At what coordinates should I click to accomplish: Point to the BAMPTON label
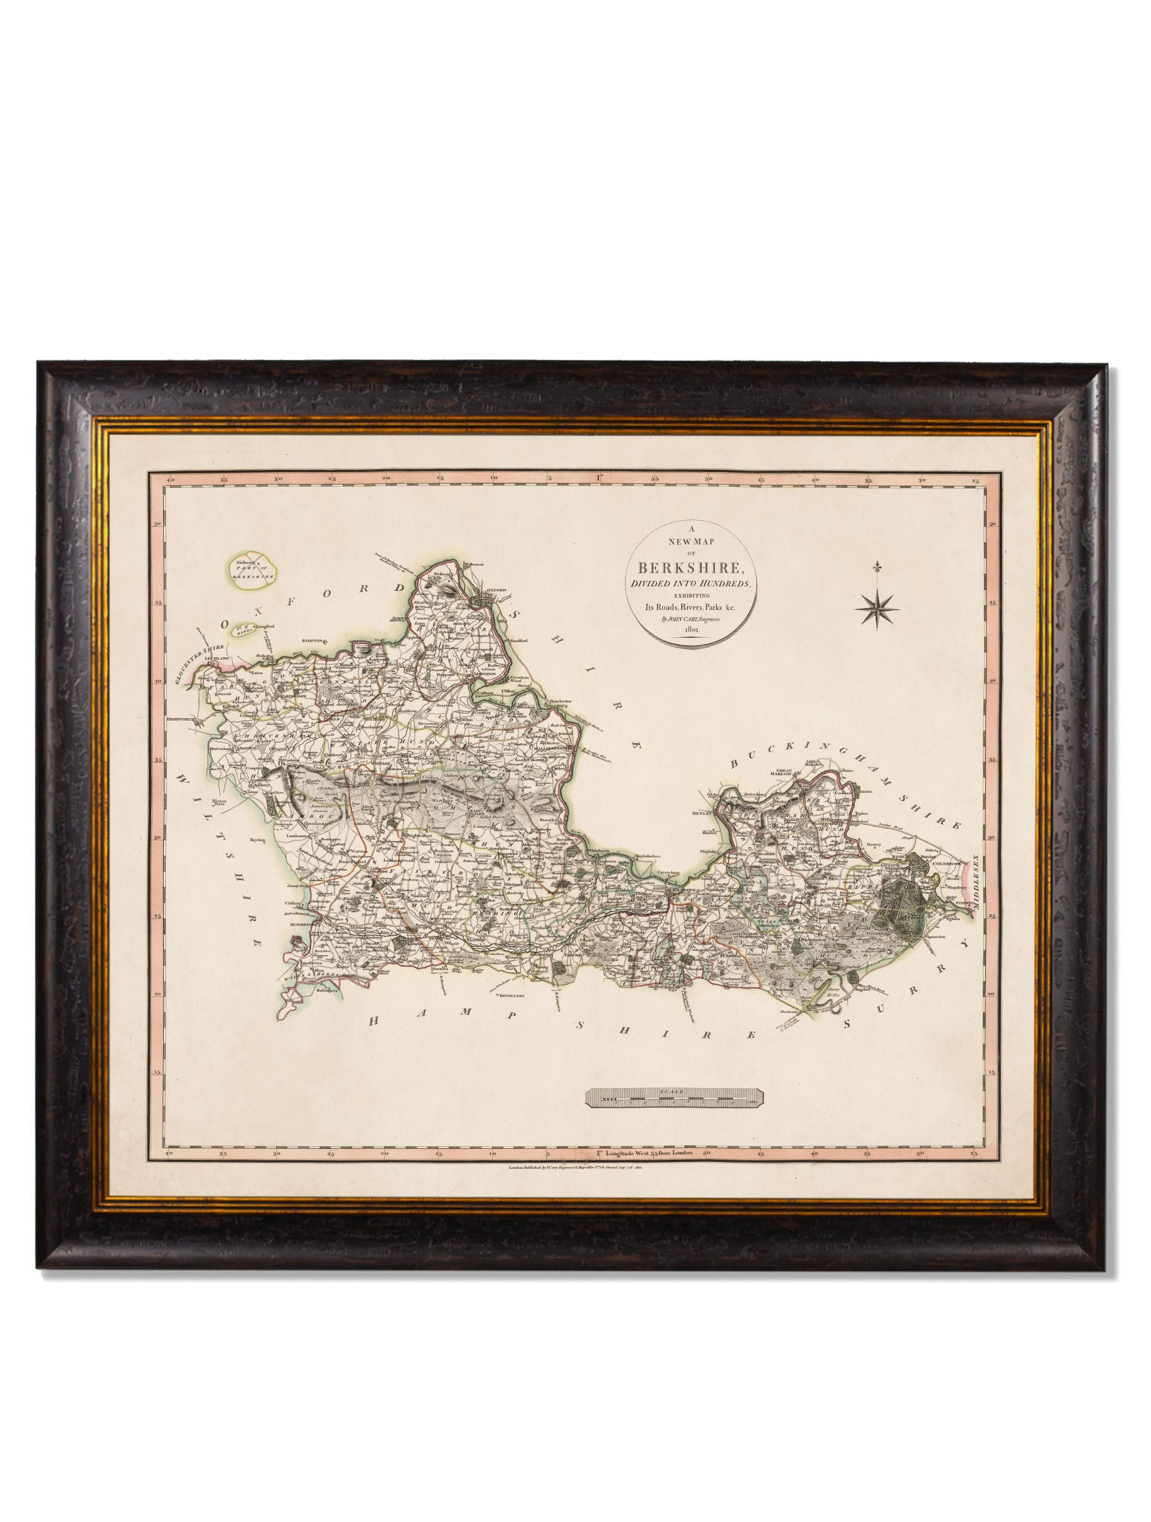314,640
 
